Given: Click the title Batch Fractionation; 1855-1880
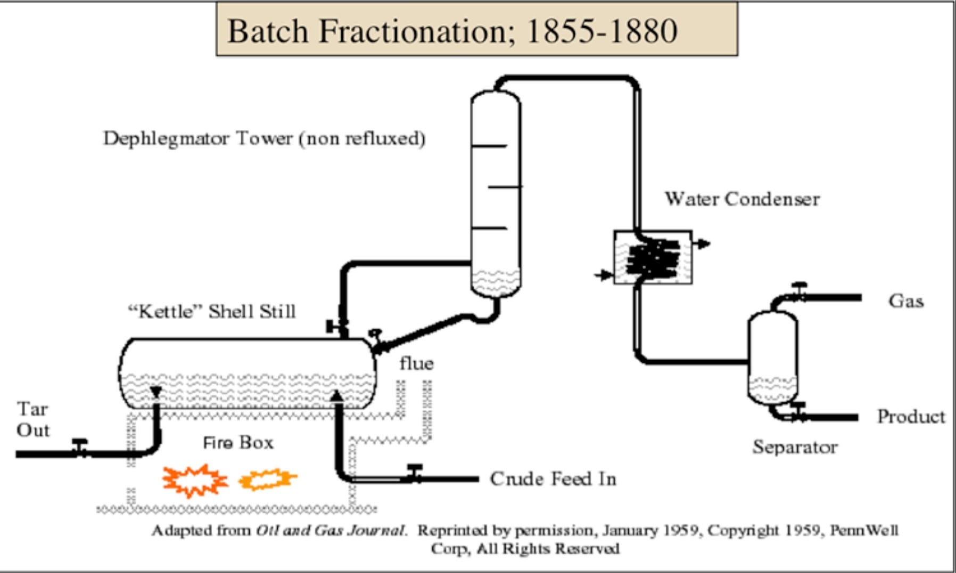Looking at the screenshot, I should [x=452, y=31].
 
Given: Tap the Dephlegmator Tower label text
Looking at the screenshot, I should [x=264, y=139].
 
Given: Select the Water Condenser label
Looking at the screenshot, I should [x=742, y=200].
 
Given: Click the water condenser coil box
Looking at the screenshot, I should [x=653, y=258].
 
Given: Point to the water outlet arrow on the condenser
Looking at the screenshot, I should [x=703, y=244].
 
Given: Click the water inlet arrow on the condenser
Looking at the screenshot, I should [x=604, y=275].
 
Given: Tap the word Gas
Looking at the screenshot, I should [x=905, y=301].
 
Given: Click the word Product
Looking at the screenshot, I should [x=911, y=417].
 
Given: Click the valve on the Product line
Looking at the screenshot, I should [x=798, y=412].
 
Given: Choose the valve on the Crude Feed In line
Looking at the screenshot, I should [x=415, y=473].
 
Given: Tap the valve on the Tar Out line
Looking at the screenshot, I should [x=80, y=447].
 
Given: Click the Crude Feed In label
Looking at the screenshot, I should [x=553, y=479].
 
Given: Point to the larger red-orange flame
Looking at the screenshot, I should [x=195, y=480].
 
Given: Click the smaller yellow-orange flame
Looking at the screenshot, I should [x=268, y=479].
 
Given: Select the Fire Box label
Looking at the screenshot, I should [x=238, y=443].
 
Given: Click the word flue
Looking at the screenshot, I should [x=416, y=363].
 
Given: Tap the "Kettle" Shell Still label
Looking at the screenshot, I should [x=212, y=311].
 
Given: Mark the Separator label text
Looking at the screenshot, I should [x=795, y=447].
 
